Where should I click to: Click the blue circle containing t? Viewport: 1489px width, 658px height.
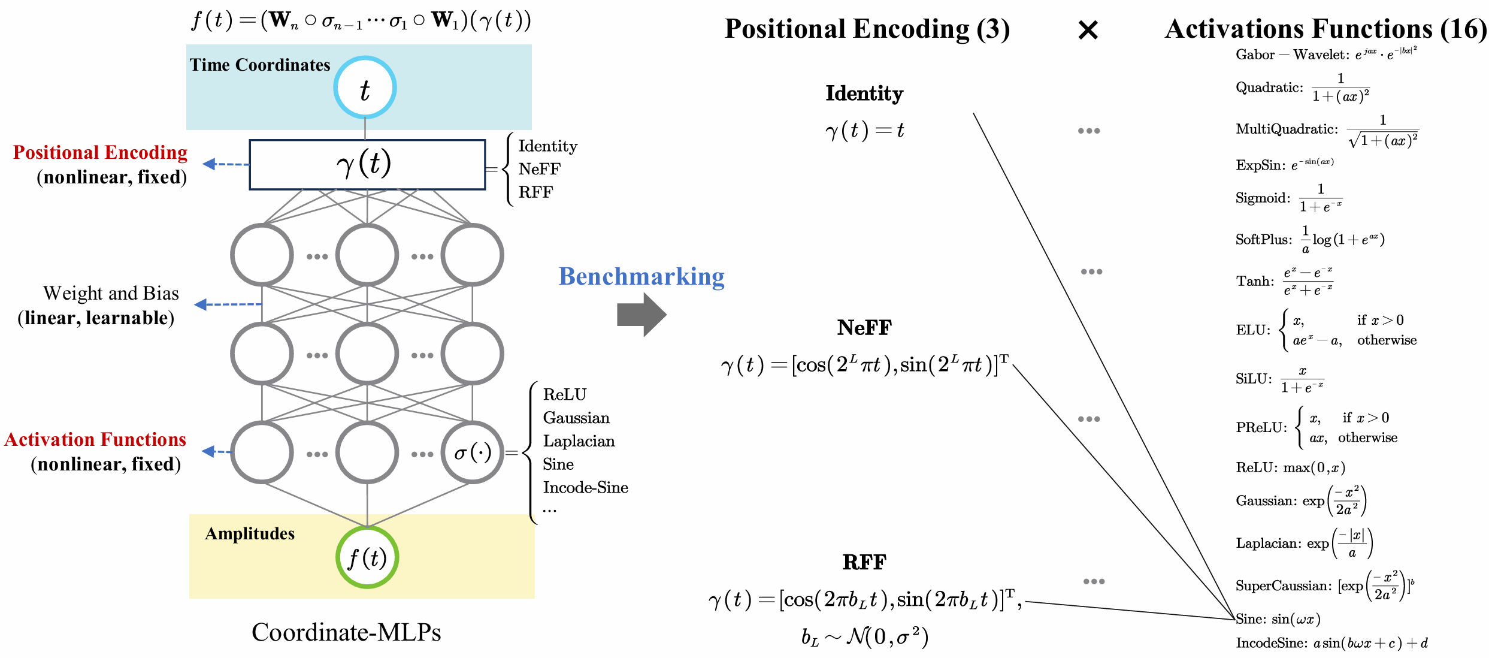(x=365, y=87)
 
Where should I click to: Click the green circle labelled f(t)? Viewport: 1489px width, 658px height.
(x=367, y=557)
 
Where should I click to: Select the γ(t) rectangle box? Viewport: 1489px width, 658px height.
(x=367, y=165)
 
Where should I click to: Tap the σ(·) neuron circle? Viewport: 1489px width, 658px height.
(x=472, y=452)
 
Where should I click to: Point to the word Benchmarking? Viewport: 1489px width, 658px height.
(x=641, y=276)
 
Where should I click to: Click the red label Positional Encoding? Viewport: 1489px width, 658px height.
(x=101, y=152)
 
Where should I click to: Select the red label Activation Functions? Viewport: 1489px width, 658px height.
(x=96, y=439)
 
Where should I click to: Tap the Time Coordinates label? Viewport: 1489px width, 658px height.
(x=260, y=65)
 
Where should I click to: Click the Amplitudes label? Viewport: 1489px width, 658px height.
(x=250, y=533)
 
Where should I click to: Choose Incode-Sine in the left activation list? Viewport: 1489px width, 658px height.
(x=585, y=487)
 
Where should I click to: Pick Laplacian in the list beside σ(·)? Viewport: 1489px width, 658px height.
(x=579, y=441)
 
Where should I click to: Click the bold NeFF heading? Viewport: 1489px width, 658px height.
(x=864, y=327)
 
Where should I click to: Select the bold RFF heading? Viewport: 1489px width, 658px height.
(x=864, y=562)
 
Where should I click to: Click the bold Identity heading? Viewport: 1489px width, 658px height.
(x=864, y=93)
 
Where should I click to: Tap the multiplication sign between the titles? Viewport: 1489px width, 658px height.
(x=1088, y=30)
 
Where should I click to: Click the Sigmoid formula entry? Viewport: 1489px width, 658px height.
(x=1288, y=198)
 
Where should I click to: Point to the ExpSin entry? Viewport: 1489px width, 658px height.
(x=1284, y=165)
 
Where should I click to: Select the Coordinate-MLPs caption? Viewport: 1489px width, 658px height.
(x=346, y=632)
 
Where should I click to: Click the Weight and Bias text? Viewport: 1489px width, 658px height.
(x=111, y=293)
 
